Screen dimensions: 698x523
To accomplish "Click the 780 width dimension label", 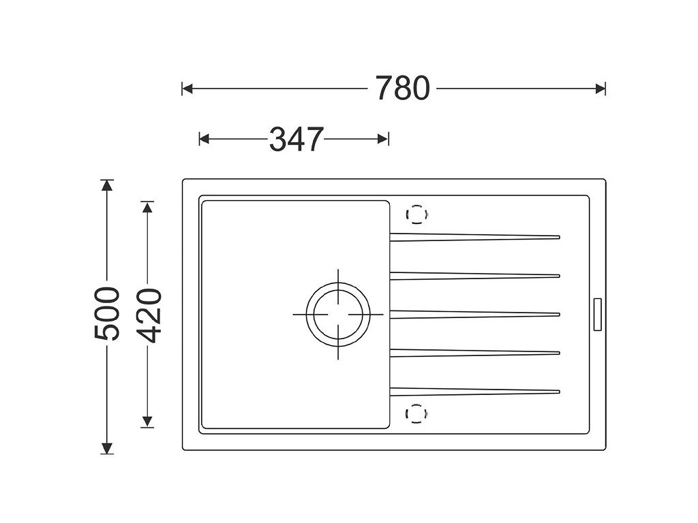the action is [x=402, y=88].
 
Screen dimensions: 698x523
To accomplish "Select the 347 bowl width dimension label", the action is [x=297, y=139].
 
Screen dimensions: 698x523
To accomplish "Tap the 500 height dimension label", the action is [x=107, y=314].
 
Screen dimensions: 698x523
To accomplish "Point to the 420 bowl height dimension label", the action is [x=147, y=315].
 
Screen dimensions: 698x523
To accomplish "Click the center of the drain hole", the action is [x=338, y=315].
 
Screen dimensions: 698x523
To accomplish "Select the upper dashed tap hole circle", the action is [x=416, y=215].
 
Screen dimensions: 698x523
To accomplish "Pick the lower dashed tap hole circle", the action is [x=416, y=413].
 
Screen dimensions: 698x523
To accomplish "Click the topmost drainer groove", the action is [x=474, y=237].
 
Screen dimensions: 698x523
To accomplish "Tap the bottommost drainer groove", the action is [x=474, y=392].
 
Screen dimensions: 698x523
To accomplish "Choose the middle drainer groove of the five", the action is [x=474, y=315].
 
